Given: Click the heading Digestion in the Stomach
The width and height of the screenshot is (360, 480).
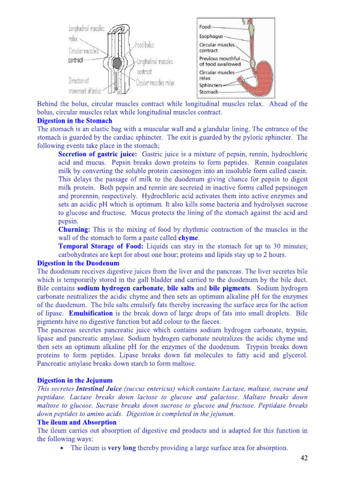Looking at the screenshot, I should coord(75,120).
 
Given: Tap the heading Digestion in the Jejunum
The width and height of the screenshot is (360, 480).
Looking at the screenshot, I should coord(75,380).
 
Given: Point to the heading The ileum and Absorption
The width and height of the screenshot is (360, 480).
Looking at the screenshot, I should coord(77,422).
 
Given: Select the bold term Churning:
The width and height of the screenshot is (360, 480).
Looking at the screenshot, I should coord(74,230).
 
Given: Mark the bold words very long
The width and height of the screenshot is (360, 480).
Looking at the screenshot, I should coord(122,448).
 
